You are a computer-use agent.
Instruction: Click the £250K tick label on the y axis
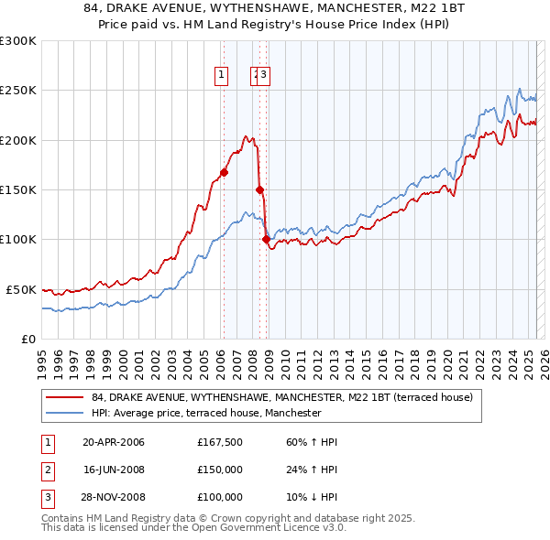click(17, 91)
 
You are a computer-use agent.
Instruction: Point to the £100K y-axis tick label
click(17, 240)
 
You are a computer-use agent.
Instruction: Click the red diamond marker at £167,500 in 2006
click(224, 172)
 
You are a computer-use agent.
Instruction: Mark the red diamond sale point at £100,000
click(267, 239)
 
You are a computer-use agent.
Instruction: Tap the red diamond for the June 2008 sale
click(259, 189)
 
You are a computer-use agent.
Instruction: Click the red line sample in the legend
click(64, 397)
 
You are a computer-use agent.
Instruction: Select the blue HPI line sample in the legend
click(64, 413)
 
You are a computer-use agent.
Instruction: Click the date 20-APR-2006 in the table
click(113, 442)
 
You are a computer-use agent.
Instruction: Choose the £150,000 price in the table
click(220, 470)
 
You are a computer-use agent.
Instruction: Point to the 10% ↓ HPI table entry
click(312, 497)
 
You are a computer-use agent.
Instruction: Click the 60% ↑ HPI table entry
click(312, 442)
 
